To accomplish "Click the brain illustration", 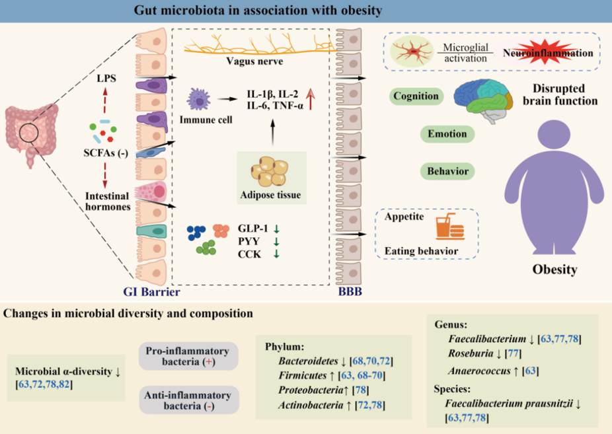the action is point(483,100).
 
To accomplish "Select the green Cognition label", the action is point(416,96).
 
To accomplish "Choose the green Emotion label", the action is point(447,133).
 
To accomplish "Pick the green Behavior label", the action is point(447,171).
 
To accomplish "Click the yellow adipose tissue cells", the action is point(270,171).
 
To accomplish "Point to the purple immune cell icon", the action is point(199,100).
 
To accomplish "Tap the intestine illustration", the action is point(30,133).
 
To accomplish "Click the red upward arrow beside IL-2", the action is point(310,98).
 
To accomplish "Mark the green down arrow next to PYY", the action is point(276,241).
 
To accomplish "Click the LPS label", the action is point(106,79).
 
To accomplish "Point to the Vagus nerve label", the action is point(254,61).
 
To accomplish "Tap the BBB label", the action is point(350,291).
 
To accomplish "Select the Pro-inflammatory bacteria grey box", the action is point(188,356).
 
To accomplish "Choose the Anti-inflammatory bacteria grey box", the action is point(189,400).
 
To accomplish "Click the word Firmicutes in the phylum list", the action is point(303,375).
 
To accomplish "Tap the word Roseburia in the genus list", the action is point(471,353).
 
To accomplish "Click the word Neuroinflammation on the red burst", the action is point(548,53).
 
